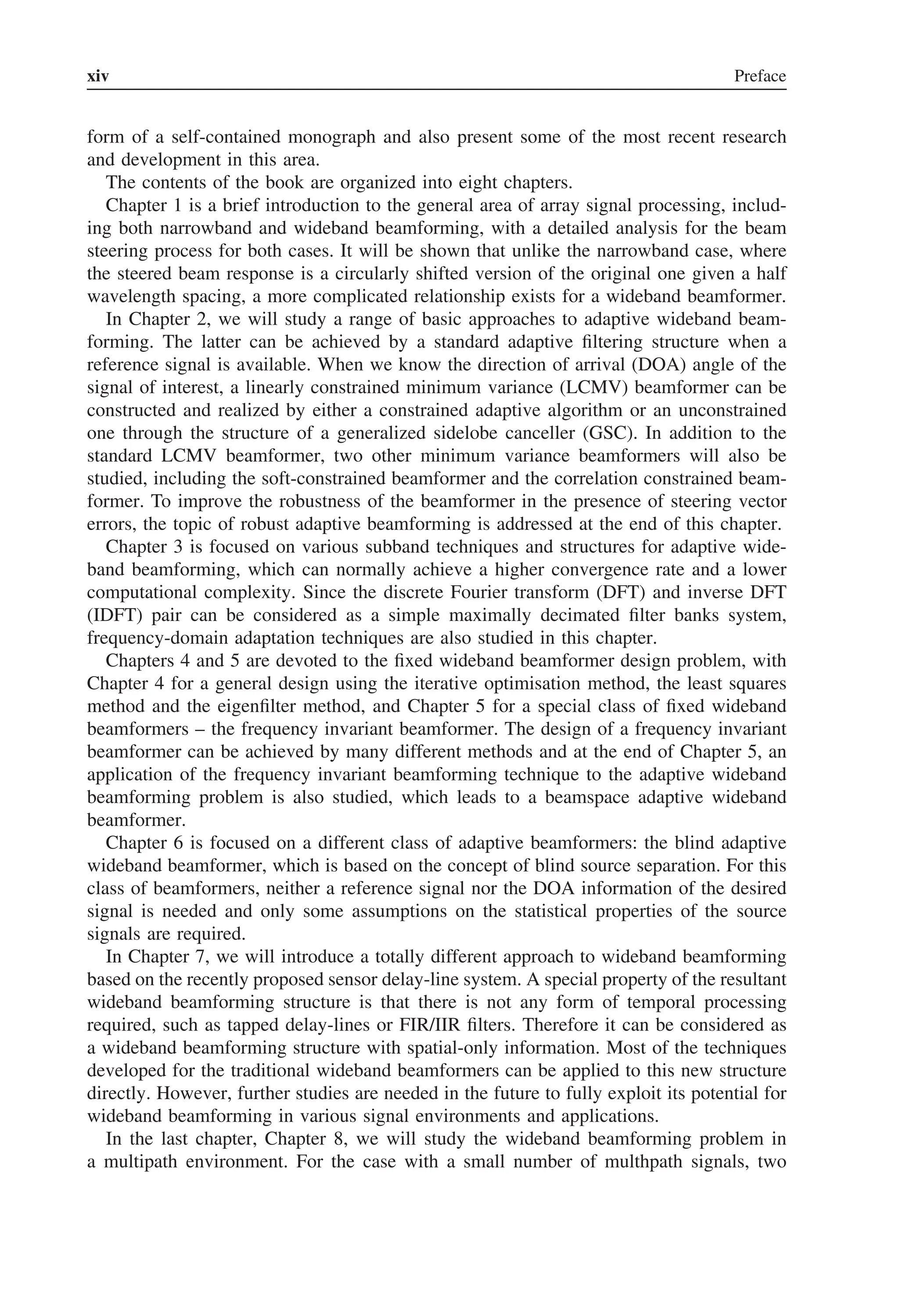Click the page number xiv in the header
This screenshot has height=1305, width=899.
(x=98, y=76)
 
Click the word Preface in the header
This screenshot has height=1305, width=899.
(x=759, y=76)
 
